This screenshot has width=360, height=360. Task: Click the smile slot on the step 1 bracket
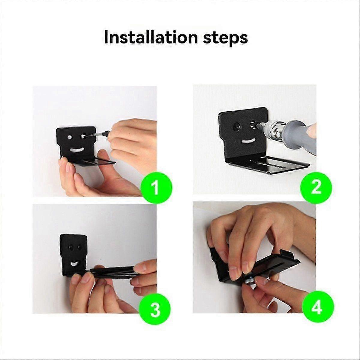point(77,149)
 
